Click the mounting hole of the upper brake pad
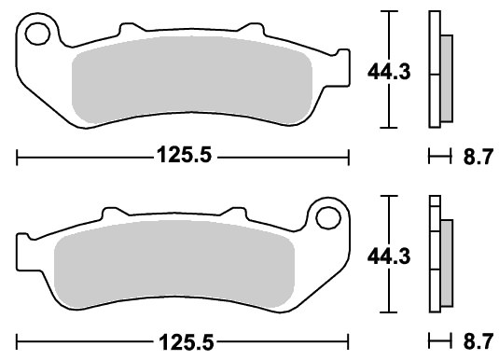click(37, 34)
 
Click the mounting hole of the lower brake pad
click(328, 217)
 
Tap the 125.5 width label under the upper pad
click(185, 155)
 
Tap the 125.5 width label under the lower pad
click(187, 342)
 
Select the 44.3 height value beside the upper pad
click(389, 72)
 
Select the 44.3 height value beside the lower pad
click(389, 256)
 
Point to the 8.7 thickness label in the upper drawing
click(478, 157)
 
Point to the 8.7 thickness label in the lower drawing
click(478, 341)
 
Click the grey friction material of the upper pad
click(192, 79)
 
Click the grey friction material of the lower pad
click(174, 264)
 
